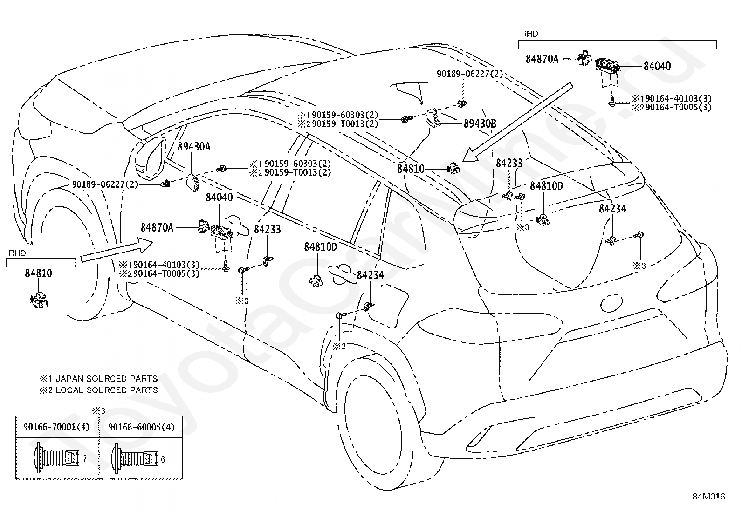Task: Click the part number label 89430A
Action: click(x=194, y=146)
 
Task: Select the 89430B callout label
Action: click(x=480, y=123)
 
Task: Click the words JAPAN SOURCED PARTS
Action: click(x=106, y=379)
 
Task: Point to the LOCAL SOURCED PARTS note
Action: click(x=106, y=390)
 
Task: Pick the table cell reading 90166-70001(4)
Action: click(x=57, y=427)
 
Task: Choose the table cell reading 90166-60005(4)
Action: click(x=141, y=427)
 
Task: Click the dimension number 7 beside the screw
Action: click(x=84, y=458)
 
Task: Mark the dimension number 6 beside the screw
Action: click(x=162, y=459)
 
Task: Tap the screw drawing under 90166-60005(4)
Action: click(x=134, y=459)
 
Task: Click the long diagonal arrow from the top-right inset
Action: click(x=517, y=122)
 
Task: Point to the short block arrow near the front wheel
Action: click(x=117, y=251)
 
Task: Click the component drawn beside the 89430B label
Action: click(x=433, y=117)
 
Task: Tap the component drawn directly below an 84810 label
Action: click(x=39, y=300)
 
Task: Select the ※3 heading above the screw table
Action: click(x=98, y=411)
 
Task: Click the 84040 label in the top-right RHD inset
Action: click(x=657, y=66)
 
